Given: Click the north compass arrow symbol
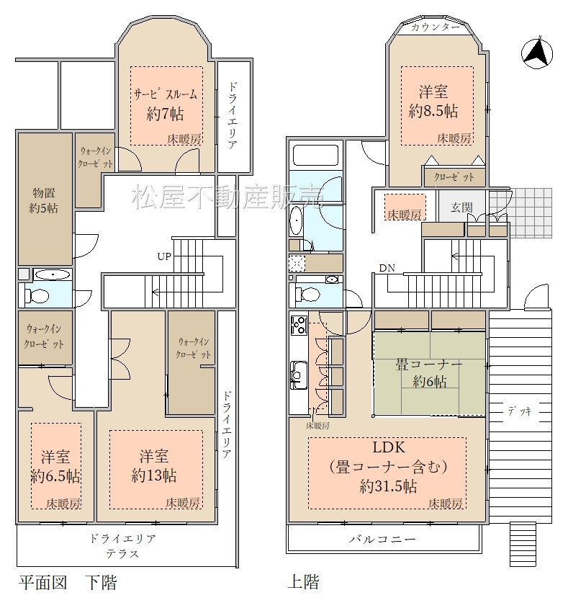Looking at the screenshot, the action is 537,53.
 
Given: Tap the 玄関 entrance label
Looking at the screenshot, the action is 461,207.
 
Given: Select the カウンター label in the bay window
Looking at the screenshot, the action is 436,27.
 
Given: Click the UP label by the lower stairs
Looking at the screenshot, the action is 164,256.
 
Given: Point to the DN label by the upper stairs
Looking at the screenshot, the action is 387,268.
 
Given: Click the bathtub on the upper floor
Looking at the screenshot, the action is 315,156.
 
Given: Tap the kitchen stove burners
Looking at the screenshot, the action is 299,326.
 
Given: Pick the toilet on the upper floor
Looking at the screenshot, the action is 307,293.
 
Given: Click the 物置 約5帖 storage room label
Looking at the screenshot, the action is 44,200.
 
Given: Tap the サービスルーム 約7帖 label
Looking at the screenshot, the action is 166,104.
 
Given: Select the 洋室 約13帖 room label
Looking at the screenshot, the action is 154,465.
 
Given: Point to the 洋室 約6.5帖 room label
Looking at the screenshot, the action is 56,466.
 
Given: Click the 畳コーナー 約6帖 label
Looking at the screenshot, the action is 429,373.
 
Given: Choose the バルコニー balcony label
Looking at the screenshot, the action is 382,539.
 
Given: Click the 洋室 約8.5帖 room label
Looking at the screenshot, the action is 433,102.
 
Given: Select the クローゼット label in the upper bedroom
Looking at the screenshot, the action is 454,177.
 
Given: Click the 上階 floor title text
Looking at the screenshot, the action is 303,581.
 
